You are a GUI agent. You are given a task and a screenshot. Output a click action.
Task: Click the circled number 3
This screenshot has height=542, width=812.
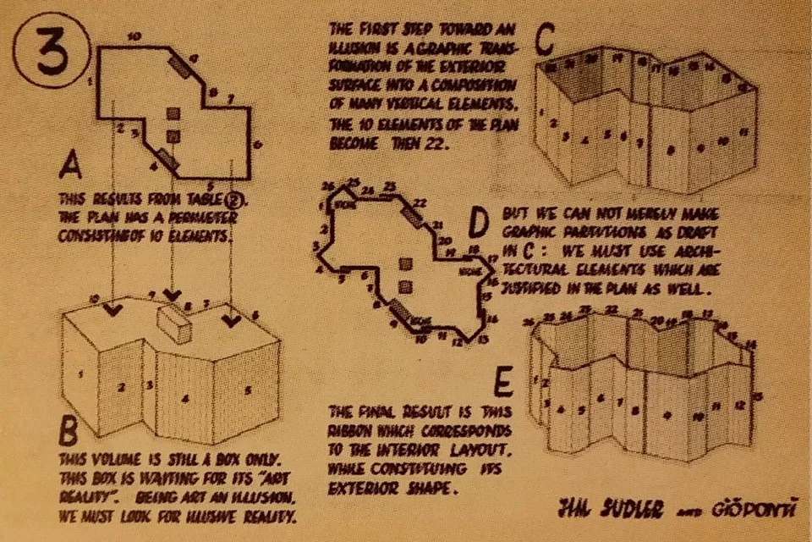(47, 55)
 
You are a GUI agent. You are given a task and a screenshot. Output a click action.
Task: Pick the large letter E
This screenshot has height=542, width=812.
(502, 384)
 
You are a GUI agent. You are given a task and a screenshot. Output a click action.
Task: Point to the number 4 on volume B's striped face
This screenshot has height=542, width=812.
(184, 395)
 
